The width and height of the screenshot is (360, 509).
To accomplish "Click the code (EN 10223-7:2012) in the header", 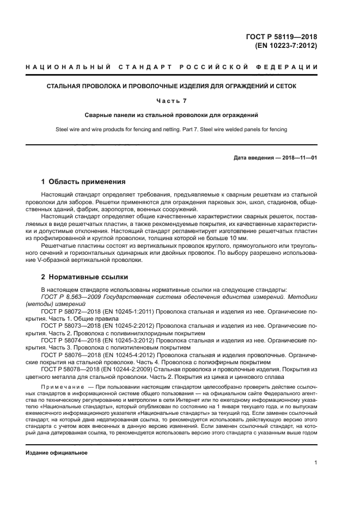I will coord(286,46).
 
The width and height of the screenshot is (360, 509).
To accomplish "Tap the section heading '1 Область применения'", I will coord(83,182).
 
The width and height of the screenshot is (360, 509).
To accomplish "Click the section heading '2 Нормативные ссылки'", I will coord(84,277).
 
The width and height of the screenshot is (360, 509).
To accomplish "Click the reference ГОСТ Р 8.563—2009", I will coord(68,297).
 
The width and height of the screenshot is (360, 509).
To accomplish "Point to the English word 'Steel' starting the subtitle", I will coord(63,129).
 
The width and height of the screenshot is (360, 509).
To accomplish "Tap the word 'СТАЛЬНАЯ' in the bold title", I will coord(63,86).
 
